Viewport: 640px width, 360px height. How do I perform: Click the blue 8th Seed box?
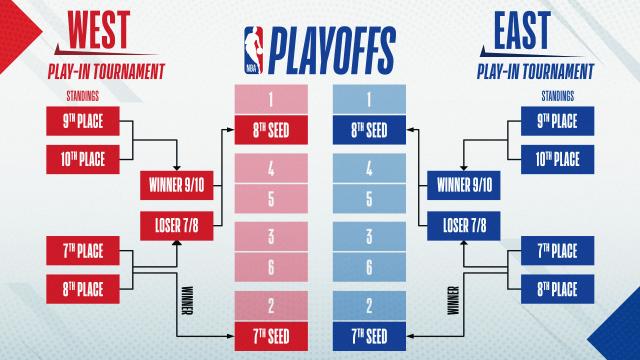368,128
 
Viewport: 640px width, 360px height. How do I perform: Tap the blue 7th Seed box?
368,333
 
